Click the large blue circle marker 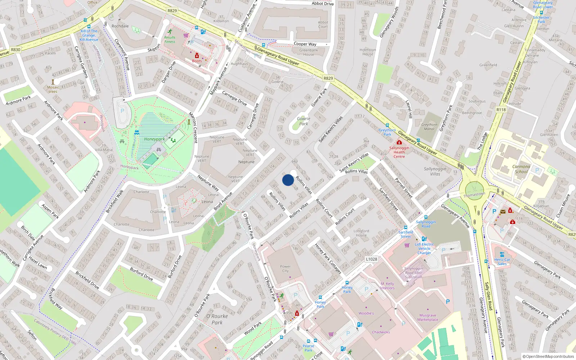(288, 180)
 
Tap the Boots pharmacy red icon (197, 55)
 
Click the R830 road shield (15, 50)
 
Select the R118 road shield (501, 110)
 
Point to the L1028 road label (372, 259)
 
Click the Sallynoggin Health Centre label (399, 152)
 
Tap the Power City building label (285, 269)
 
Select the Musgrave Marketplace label (428, 318)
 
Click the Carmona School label (521, 169)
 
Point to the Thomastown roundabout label (474, 194)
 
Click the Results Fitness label (170, 40)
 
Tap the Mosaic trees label (53, 89)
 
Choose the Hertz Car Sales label (502, 262)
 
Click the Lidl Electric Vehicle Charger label (424, 248)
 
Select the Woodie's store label (366, 313)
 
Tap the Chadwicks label (381, 332)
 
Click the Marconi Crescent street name (193, 127)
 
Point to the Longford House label (361, 233)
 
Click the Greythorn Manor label (429, 127)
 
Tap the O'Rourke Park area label (217, 319)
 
